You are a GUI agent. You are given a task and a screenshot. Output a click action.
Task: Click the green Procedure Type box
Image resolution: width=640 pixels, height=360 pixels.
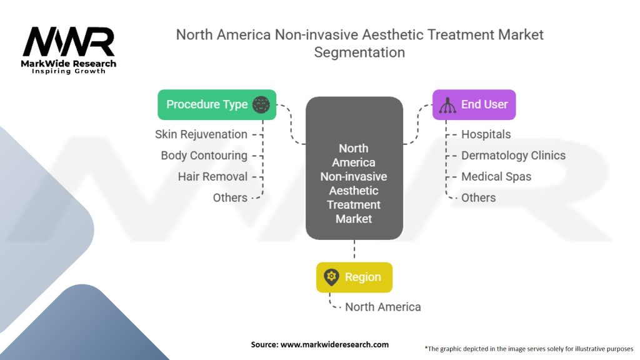pyautogui.click(x=217, y=104)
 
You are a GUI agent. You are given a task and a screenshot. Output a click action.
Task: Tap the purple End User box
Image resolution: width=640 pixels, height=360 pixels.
pyautogui.click(x=474, y=104)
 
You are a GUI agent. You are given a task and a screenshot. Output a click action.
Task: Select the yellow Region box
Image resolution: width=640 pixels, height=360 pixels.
pyautogui.click(x=354, y=277)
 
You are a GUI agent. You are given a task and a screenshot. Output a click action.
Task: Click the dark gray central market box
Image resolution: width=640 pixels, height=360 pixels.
pyautogui.click(x=354, y=168)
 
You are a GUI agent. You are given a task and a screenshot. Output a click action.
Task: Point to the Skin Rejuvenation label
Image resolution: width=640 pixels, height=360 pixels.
pyautogui.click(x=201, y=134)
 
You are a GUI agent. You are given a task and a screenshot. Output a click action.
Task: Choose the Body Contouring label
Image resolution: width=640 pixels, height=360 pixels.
pyautogui.click(x=204, y=156)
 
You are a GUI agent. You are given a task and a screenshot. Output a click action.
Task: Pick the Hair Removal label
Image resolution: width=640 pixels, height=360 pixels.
pyautogui.click(x=212, y=177)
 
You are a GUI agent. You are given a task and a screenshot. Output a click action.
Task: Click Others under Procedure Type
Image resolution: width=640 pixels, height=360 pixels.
pyautogui.click(x=230, y=197)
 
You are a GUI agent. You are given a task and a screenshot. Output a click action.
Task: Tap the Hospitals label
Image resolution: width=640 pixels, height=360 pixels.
pyautogui.click(x=486, y=134)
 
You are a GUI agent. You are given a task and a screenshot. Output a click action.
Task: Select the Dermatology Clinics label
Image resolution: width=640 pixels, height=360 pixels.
pyautogui.click(x=514, y=156)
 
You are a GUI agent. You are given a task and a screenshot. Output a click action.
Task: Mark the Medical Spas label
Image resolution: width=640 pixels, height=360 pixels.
pyautogui.click(x=496, y=177)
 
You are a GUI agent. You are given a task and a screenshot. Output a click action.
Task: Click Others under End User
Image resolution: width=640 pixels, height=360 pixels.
pyautogui.click(x=478, y=197)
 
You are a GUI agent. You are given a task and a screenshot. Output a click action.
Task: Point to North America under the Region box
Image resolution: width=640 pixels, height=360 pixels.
pyautogui.click(x=383, y=307)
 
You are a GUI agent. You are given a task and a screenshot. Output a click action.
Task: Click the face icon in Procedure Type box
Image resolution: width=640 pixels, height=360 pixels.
pyautogui.click(x=261, y=104)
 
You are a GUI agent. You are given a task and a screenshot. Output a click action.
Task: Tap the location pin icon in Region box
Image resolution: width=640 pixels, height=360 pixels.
pyautogui.click(x=331, y=277)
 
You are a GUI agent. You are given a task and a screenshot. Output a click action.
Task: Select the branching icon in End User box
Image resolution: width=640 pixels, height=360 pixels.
pyautogui.click(x=447, y=105)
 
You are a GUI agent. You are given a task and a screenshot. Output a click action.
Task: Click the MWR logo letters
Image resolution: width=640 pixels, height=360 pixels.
pyautogui.click(x=69, y=42)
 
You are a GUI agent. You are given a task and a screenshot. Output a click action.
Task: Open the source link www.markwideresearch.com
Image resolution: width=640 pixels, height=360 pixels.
pyautogui.click(x=335, y=344)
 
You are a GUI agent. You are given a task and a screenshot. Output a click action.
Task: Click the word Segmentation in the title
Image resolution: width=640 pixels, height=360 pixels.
pyautogui.click(x=359, y=52)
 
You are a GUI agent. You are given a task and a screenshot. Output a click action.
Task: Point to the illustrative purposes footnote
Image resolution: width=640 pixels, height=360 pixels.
pyautogui.click(x=529, y=349)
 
